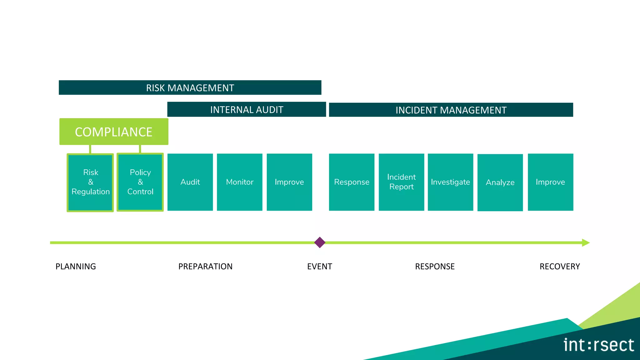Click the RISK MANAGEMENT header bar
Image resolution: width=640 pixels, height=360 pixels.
(x=190, y=87)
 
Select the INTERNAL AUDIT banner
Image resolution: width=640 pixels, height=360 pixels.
(x=247, y=109)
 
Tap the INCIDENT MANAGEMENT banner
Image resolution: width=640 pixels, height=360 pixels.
(x=451, y=110)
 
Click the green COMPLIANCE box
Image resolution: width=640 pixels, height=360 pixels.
(x=114, y=132)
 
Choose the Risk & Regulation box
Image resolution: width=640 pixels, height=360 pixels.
(x=90, y=182)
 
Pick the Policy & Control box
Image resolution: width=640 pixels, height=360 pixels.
(x=140, y=182)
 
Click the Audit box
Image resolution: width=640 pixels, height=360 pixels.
(x=190, y=182)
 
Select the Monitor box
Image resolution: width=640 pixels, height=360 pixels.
(x=240, y=182)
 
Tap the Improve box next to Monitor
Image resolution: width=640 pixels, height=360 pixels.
(x=289, y=182)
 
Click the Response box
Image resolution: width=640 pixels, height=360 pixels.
(x=352, y=182)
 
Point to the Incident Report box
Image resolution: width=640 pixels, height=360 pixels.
(x=401, y=182)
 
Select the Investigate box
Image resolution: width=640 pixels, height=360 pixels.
(x=450, y=182)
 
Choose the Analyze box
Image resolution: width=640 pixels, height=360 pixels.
(x=500, y=182)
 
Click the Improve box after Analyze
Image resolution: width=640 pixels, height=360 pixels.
(x=550, y=182)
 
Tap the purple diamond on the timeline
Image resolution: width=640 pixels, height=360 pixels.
(x=320, y=242)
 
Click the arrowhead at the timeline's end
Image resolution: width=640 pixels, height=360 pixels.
(x=586, y=243)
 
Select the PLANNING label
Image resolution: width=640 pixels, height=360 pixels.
(x=76, y=266)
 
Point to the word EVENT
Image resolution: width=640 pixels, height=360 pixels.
(x=319, y=266)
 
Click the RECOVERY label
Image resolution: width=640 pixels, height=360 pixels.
(x=559, y=266)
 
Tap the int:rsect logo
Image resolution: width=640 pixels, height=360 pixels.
(x=598, y=345)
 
